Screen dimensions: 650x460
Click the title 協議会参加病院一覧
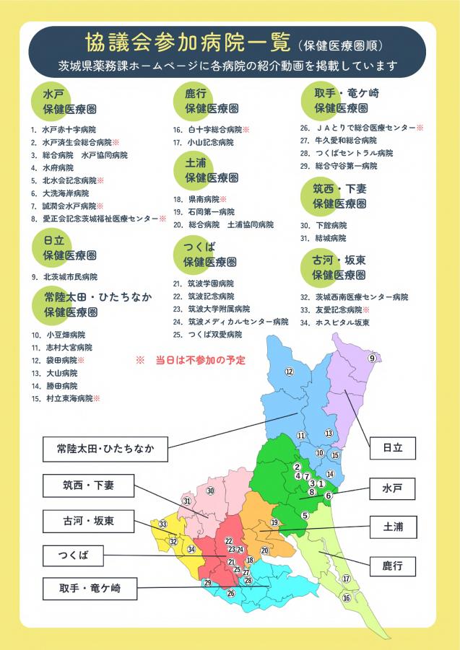click(x=187, y=42)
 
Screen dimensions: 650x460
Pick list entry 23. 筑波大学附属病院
click(x=211, y=309)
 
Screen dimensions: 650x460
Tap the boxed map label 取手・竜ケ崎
click(x=90, y=589)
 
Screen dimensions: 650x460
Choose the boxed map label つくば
click(x=74, y=556)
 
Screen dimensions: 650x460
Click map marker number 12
click(x=289, y=372)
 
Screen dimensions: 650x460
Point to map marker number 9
click(x=372, y=359)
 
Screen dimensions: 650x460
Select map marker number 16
click(x=347, y=597)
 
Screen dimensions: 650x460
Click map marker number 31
click(x=187, y=501)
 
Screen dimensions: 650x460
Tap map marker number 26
click(x=231, y=593)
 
